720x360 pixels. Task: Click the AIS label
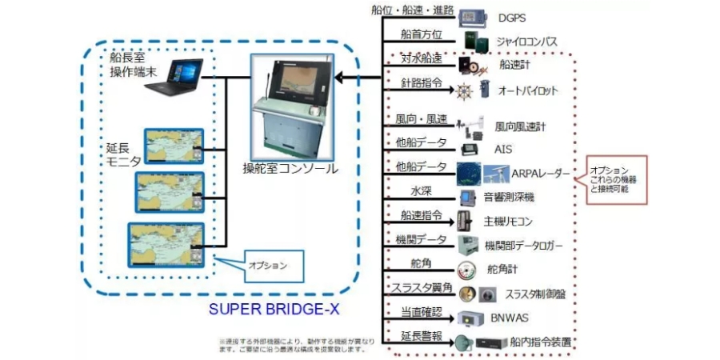point(503,149)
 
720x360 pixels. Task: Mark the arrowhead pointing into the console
point(338,77)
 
